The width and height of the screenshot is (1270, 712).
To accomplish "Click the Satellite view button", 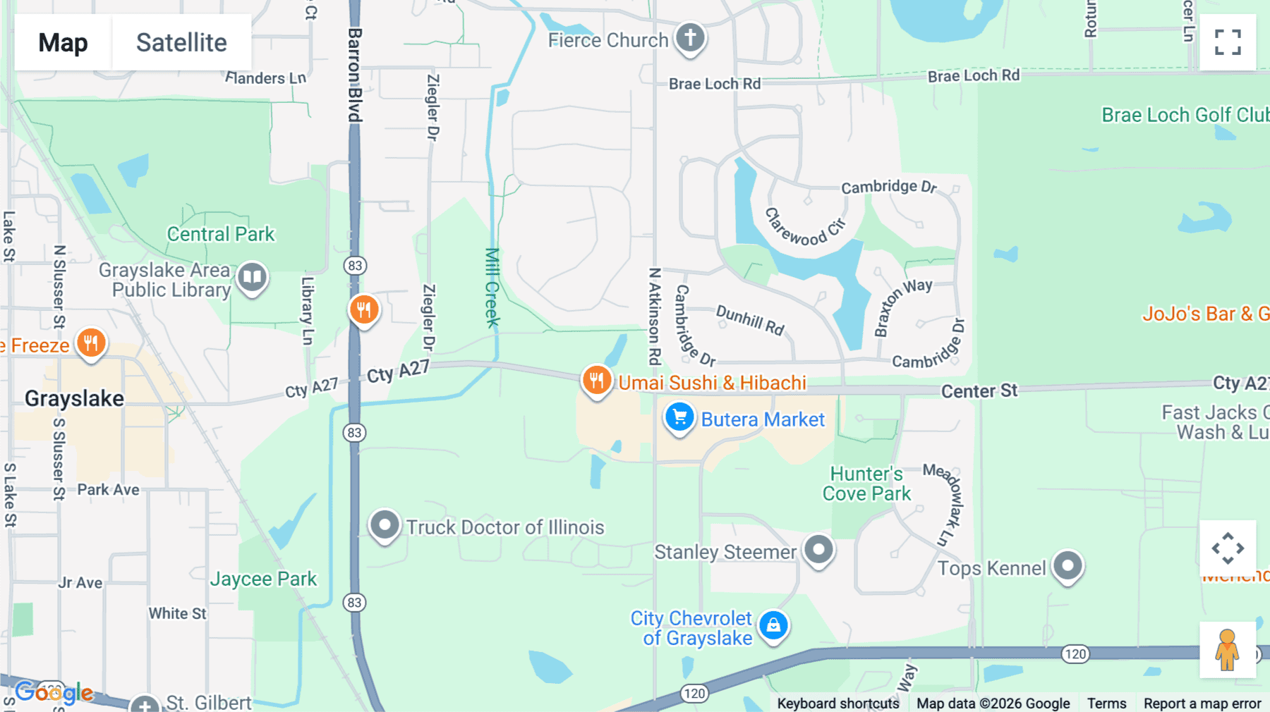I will click(x=181, y=42).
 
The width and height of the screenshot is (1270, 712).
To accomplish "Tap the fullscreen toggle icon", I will click(x=1228, y=42).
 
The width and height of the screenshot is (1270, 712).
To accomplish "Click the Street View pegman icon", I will click(x=1227, y=649).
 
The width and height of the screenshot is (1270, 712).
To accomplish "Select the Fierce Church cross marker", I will click(x=690, y=37).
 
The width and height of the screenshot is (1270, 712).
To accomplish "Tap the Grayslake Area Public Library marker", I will click(x=252, y=277).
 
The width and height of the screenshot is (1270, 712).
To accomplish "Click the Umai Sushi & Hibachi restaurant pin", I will click(x=596, y=380).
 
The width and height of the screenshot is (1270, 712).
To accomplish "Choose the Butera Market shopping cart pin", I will click(x=679, y=417).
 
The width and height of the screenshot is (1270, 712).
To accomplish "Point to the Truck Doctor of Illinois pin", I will click(x=385, y=525).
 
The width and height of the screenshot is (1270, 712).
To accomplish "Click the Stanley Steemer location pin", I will click(x=818, y=549).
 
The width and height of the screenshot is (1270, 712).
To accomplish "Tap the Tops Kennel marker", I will click(x=1068, y=565).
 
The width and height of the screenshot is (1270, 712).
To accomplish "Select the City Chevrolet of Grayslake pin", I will click(x=773, y=625).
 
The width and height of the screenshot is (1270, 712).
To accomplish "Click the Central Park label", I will click(x=220, y=234).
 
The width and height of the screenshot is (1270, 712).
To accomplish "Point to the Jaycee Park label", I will click(x=263, y=579).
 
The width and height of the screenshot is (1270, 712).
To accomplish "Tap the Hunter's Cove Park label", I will click(x=866, y=484).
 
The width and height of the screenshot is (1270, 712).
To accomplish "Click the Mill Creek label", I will click(x=492, y=287).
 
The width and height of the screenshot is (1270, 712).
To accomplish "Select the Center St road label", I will click(x=979, y=391).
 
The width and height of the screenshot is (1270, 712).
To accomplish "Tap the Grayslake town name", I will click(x=74, y=398).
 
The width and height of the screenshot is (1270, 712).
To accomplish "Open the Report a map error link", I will click(x=1202, y=703).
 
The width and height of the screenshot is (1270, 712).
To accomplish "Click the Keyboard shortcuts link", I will click(x=838, y=703).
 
